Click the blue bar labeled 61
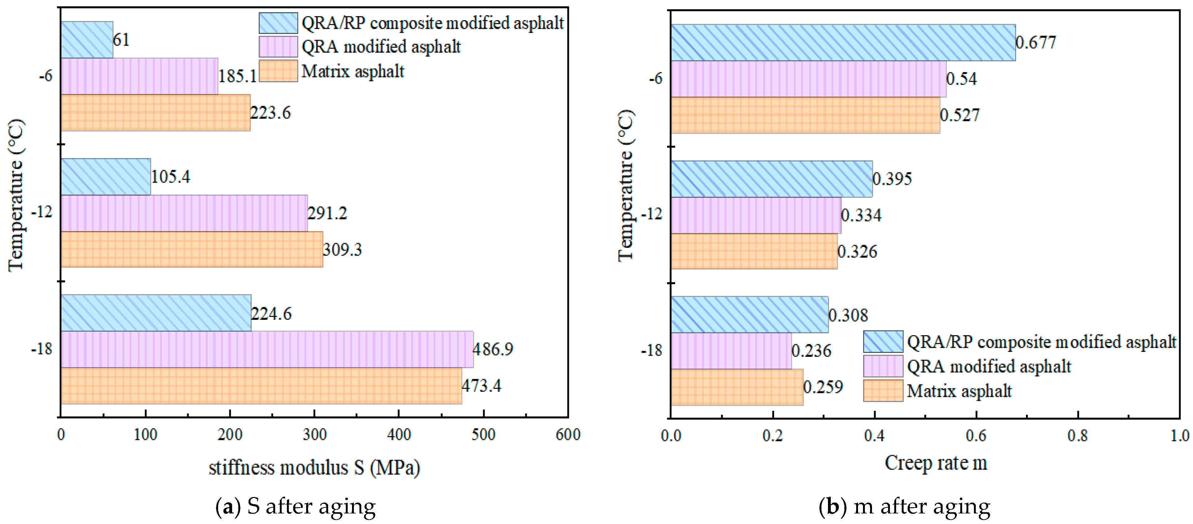pyautogui.click(x=86, y=40)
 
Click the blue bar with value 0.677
pyautogui.click(x=843, y=42)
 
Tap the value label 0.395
pyautogui.click(x=892, y=179)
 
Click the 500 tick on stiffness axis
pyautogui.click(x=483, y=435)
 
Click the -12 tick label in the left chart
pyautogui.click(x=42, y=212)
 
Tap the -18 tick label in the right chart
pyautogui.click(x=652, y=351)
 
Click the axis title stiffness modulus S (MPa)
pyautogui.click(x=314, y=468)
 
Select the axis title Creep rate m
pyautogui.click(x=935, y=463)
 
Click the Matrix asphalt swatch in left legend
pyautogui.click(x=278, y=71)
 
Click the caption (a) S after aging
pyautogui.click(x=296, y=506)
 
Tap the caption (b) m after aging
pyautogui.click(x=904, y=506)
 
